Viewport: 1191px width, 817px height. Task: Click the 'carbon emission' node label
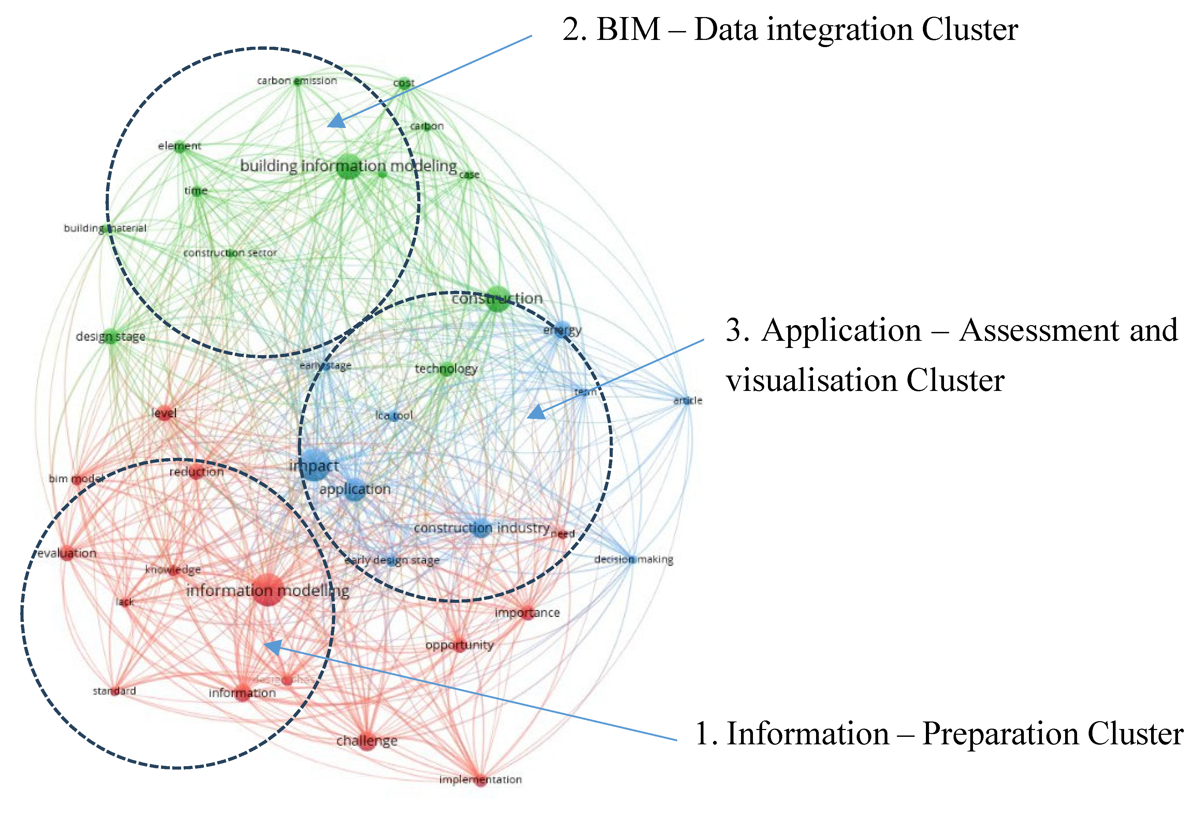(297, 81)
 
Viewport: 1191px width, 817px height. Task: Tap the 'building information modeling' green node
(348, 166)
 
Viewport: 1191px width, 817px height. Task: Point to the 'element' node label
(179, 146)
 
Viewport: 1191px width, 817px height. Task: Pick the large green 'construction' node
(497, 298)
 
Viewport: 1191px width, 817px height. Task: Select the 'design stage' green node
(111, 336)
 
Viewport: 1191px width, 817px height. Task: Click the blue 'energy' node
(562, 330)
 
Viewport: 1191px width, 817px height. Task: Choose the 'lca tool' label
(394, 416)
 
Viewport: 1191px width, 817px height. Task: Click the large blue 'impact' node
(314, 464)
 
